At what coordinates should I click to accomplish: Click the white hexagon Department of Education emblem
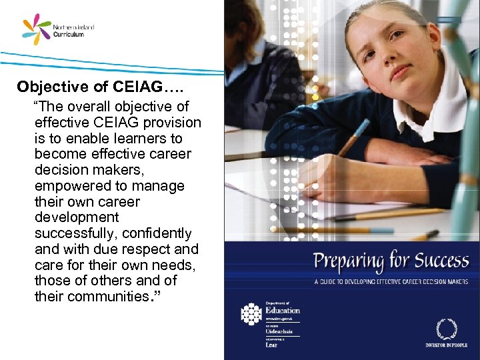[251, 314]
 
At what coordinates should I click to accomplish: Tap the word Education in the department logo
[283, 310]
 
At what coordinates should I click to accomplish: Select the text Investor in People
[446, 345]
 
